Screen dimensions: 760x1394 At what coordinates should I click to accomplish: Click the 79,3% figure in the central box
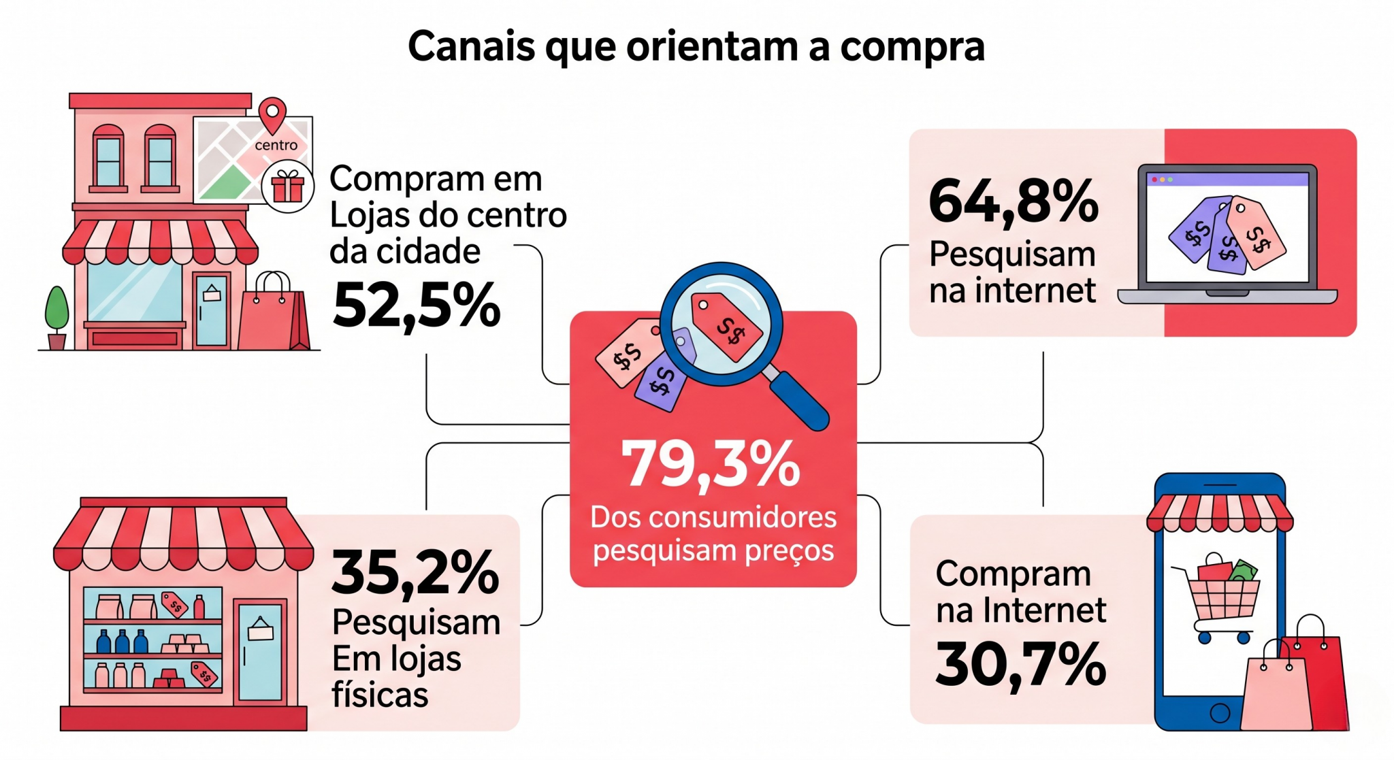[x=711, y=464]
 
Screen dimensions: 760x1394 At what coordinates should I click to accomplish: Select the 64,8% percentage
[x=1014, y=202]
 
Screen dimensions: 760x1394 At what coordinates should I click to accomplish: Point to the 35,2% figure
[x=415, y=574]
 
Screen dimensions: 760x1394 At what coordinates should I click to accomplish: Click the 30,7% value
[x=1020, y=665]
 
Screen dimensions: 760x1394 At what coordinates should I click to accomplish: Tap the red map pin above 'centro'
[x=273, y=114]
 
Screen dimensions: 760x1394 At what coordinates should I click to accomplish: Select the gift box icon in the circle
[x=287, y=186]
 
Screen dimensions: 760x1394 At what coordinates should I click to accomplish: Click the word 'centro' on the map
[x=276, y=145]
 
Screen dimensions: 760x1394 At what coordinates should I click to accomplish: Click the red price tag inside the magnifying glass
[x=726, y=326]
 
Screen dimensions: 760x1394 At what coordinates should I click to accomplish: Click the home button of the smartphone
[x=1220, y=712]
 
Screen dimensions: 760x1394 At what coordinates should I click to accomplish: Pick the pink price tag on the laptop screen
[x=1257, y=233]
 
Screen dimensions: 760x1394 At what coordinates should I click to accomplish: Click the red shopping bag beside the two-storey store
[x=273, y=316]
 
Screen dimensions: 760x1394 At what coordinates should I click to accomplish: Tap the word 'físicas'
[x=380, y=695]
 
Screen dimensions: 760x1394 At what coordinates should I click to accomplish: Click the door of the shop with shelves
[x=260, y=650]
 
